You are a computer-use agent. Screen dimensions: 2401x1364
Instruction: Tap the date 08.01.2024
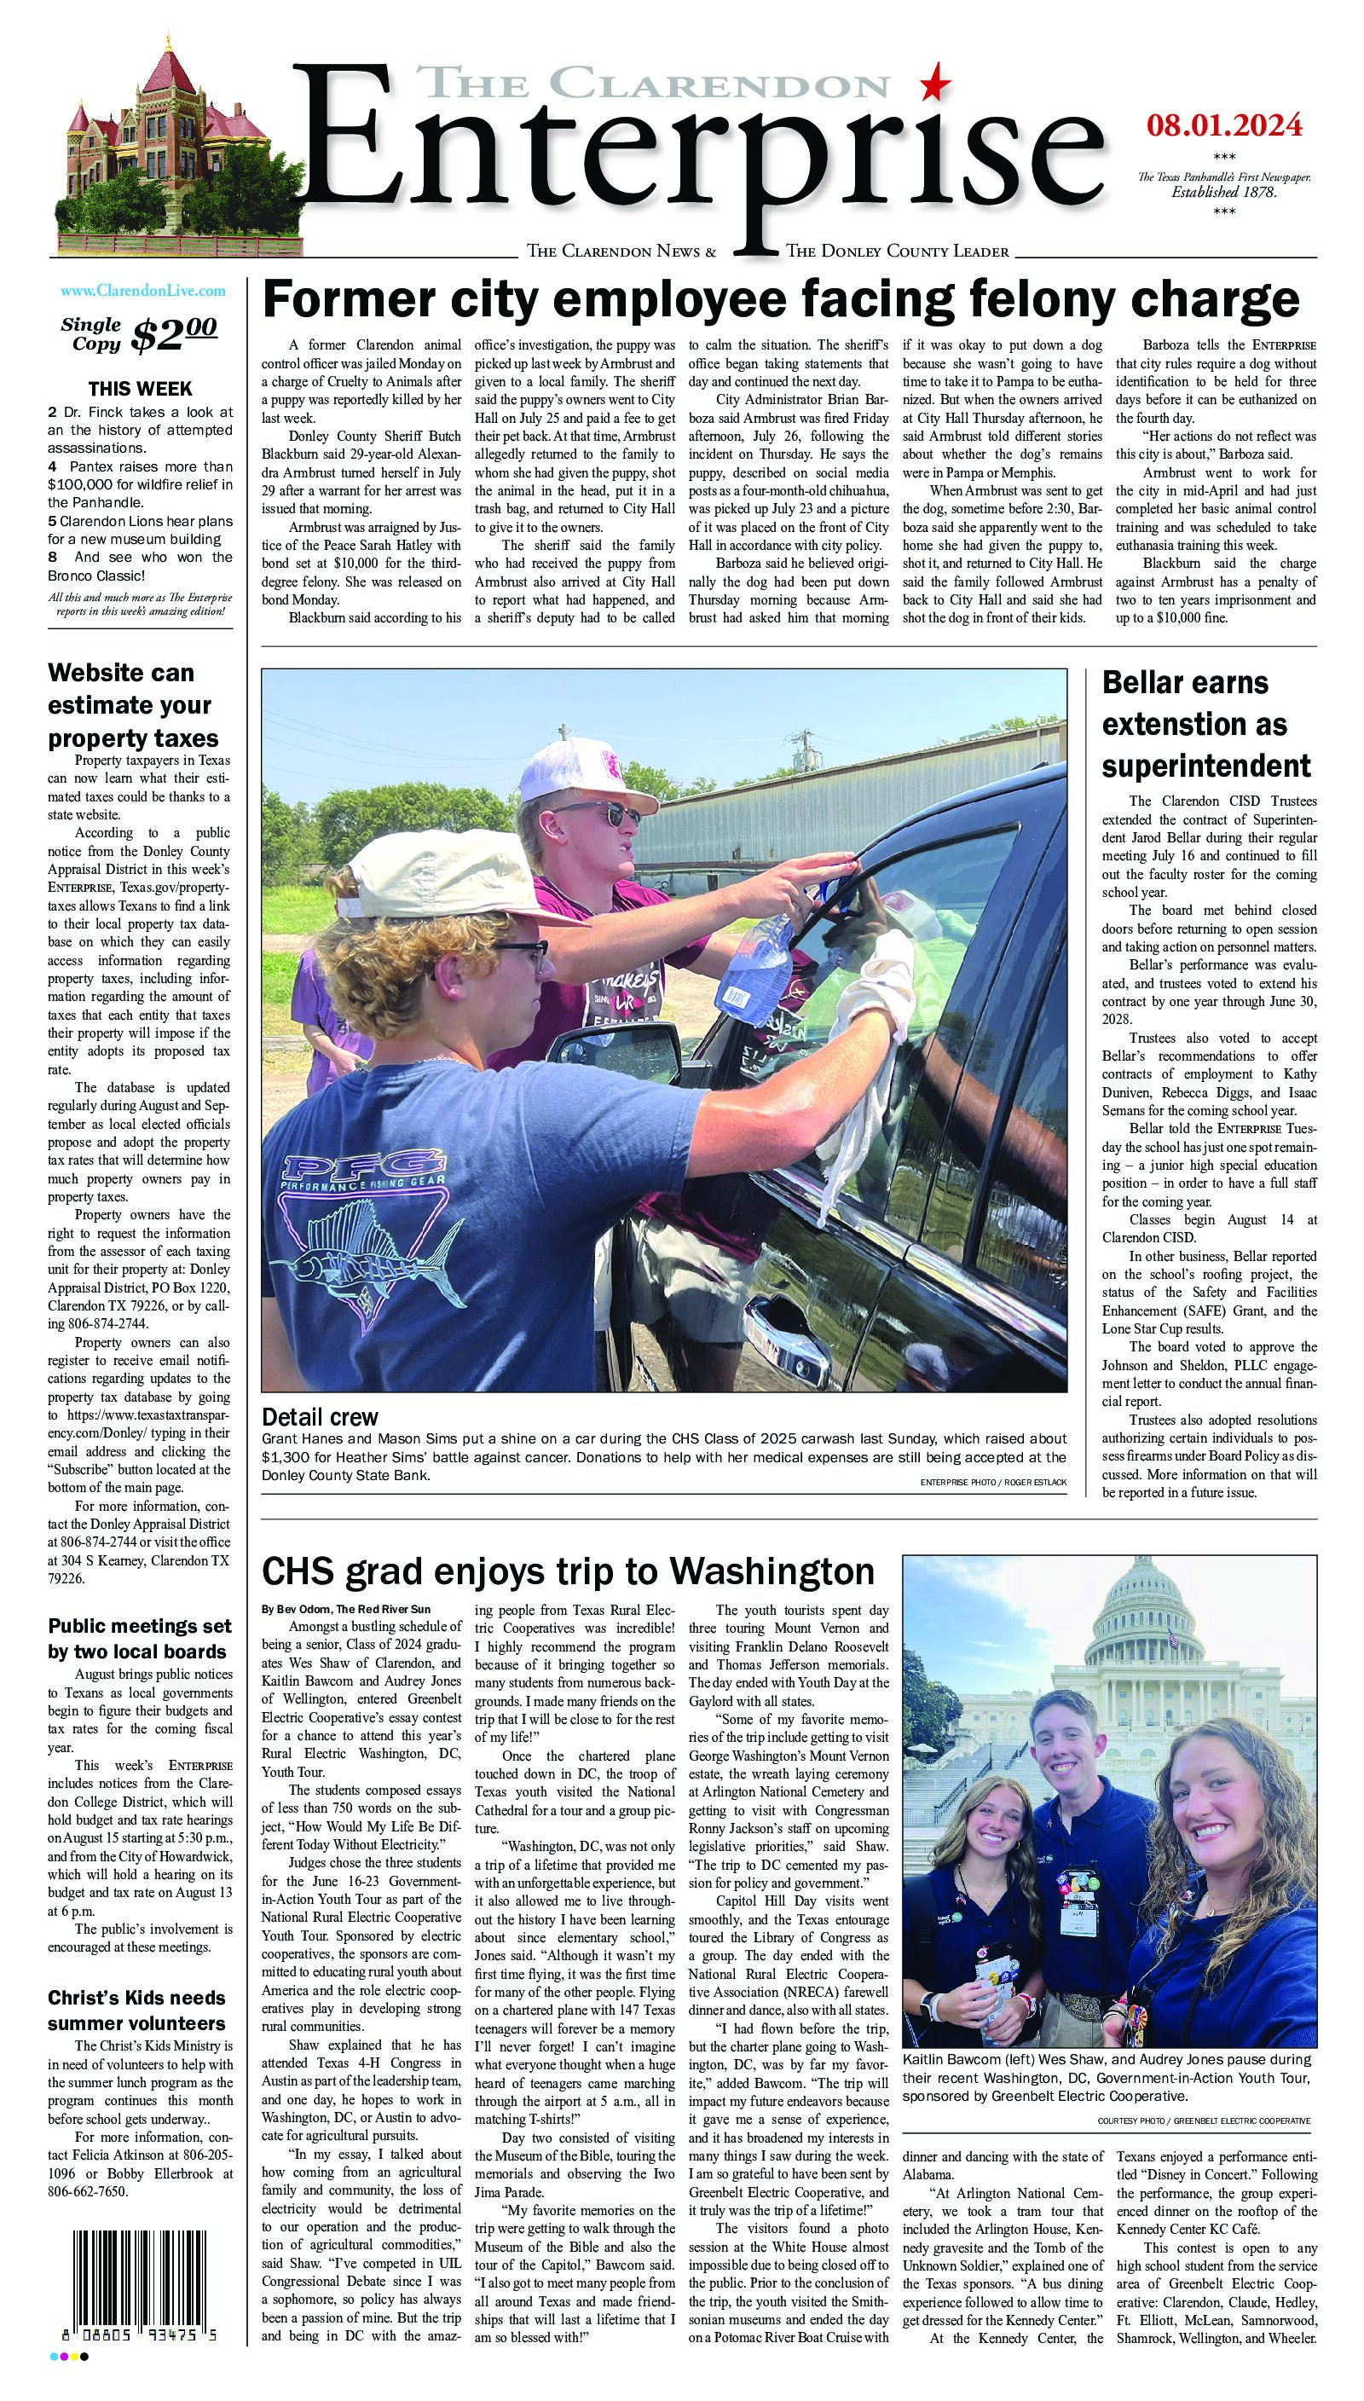[x=1223, y=124]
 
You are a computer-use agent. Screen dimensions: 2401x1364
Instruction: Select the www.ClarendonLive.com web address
[x=142, y=292]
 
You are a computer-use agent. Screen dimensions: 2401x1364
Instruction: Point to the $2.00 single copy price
[x=175, y=334]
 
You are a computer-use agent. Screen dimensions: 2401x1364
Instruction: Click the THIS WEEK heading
[x=141, y=388]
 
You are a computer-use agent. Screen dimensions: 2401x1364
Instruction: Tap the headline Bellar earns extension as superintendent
[x=1206, y=723]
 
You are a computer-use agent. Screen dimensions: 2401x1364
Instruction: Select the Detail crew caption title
[x=320, y=1415]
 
